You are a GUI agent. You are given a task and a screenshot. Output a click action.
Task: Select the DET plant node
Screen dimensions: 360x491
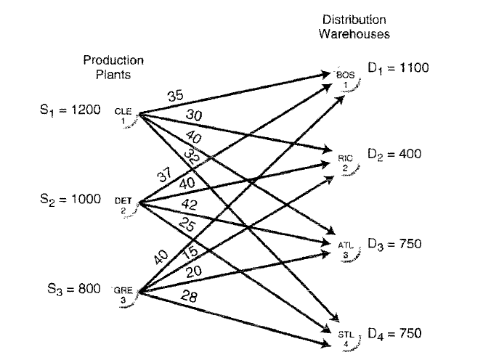(x=126, y=202)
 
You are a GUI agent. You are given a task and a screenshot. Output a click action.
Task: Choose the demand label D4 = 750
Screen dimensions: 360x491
(x=395, y=334)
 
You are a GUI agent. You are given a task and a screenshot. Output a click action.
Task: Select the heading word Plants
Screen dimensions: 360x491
(x=113, y=73)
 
